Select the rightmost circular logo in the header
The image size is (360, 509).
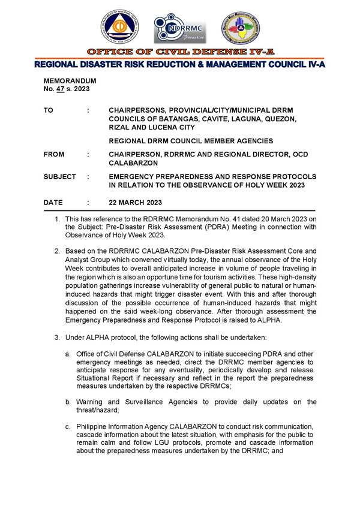[x=241, y=28]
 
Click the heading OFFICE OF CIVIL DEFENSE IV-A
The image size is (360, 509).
[x=180, y=52]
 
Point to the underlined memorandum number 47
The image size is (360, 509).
[x=60, y=89]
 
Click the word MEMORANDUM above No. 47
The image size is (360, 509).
[x=70, y=80]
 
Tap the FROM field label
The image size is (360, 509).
[x=54, y=155]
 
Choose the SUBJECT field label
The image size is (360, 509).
[x=59, y=177]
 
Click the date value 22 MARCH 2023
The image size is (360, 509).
[x=135, y=203]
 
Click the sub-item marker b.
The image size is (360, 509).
[x=68, y=402]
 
